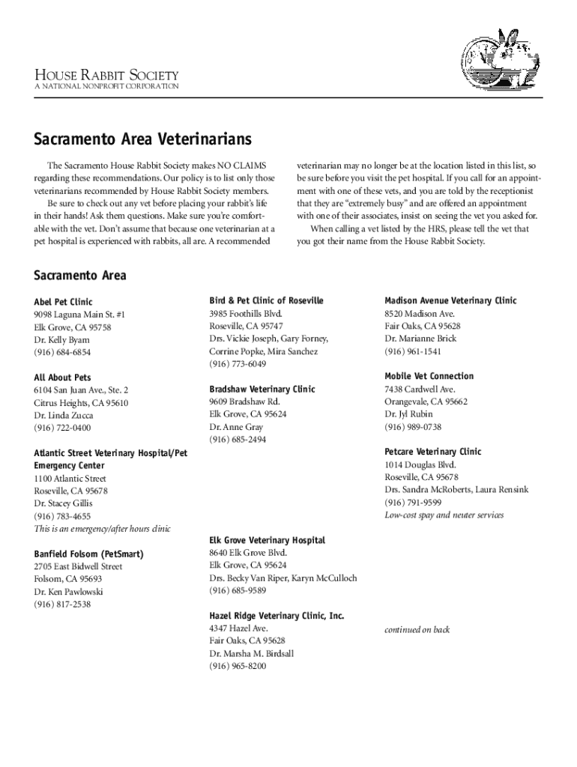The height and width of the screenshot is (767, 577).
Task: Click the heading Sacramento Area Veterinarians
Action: coord(142,140)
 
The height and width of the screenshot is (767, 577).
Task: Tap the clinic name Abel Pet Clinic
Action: coord(64,302)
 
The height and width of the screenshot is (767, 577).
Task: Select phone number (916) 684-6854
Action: coord(62,352)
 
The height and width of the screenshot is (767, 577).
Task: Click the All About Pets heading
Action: coord(62,378)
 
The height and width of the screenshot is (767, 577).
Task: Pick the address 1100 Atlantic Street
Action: coord(70,479)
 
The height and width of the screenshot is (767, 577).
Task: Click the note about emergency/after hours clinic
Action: coord(102,529)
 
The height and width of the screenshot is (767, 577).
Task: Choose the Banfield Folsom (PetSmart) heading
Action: coord(88,554)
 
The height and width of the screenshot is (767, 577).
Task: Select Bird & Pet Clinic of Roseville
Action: coord(267,300)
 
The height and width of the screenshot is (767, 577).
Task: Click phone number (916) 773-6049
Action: coord(238,364)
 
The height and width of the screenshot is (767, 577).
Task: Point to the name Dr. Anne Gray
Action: coord(236,427)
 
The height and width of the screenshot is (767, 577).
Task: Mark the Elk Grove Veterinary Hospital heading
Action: coord(268,540)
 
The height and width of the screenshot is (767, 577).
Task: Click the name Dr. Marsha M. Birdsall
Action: coord(252,653)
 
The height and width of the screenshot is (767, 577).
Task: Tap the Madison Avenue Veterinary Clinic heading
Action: coord(450,300)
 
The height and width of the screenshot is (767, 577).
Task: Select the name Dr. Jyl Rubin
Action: coord(408,414)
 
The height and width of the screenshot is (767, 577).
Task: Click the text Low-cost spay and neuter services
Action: coord(444,515)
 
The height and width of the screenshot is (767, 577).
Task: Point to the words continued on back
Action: coord(417,630)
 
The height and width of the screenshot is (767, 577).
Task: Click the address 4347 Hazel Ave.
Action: coord(239,628)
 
